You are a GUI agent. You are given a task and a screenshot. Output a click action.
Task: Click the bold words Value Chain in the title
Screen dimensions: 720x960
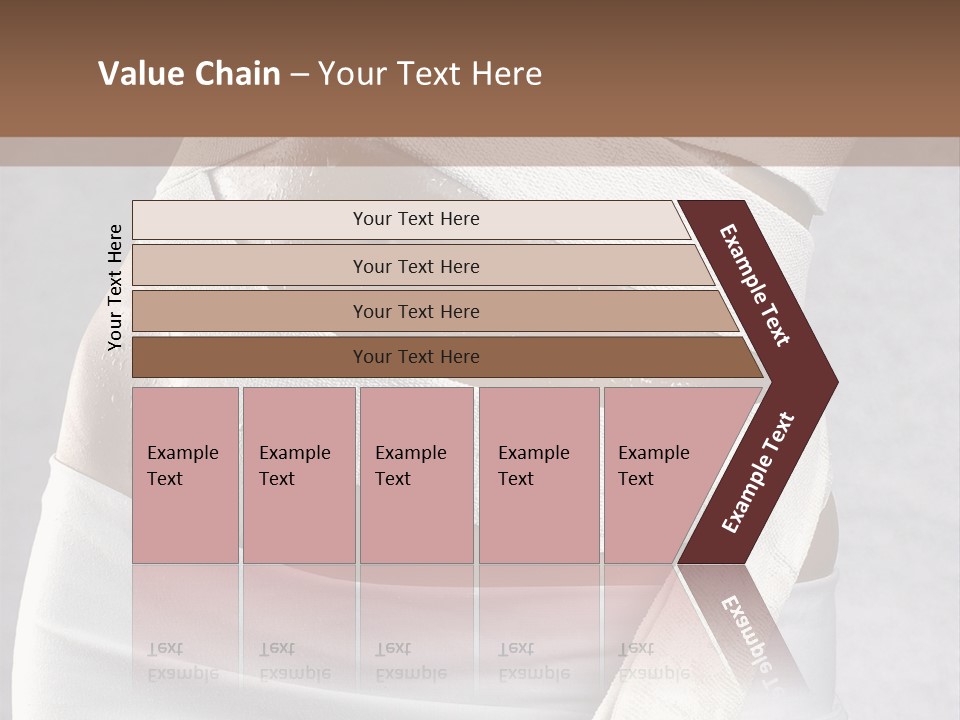(189, 74)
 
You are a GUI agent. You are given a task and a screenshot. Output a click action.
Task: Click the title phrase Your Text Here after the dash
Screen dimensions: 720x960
(430, 74)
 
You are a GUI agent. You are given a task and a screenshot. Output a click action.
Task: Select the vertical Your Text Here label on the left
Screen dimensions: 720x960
(115, 287)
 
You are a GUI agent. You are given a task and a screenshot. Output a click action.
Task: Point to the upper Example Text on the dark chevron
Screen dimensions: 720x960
(755, 285)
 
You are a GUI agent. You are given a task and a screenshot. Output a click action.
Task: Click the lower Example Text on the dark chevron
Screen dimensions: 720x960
(757, 473)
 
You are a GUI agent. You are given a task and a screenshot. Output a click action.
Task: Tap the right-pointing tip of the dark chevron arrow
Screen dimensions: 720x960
(832, 382)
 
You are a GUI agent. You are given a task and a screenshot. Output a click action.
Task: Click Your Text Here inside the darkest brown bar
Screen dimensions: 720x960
(416, 357)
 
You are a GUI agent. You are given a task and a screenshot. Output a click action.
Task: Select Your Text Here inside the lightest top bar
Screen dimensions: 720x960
(416, 219)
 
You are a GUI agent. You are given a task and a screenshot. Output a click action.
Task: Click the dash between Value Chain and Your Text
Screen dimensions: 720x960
(299, 75)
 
